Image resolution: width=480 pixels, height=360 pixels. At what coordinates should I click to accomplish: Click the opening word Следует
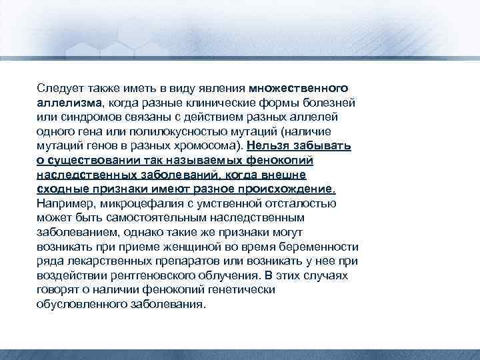tap(58, 89)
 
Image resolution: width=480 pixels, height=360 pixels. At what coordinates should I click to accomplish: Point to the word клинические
tap(218, 103)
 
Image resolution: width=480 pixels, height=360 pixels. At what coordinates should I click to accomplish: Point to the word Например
tap(64, 203)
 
